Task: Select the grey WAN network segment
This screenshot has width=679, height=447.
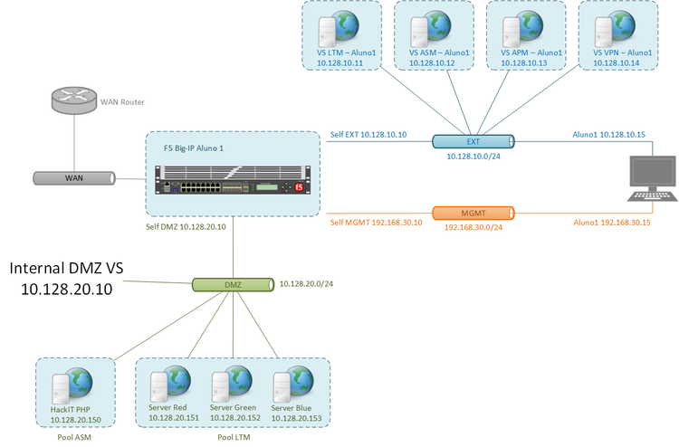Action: (x=73, y=179)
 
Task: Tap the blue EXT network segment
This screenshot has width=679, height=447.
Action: (x=473, y=141)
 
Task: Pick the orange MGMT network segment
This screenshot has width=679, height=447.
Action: (x=473, y=214)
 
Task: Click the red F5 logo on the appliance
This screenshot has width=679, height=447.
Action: (x=298, y=187)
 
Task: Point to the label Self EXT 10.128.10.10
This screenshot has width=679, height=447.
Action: (x=368, y=135)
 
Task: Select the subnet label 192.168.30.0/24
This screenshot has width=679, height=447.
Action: (x=473, y=227)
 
